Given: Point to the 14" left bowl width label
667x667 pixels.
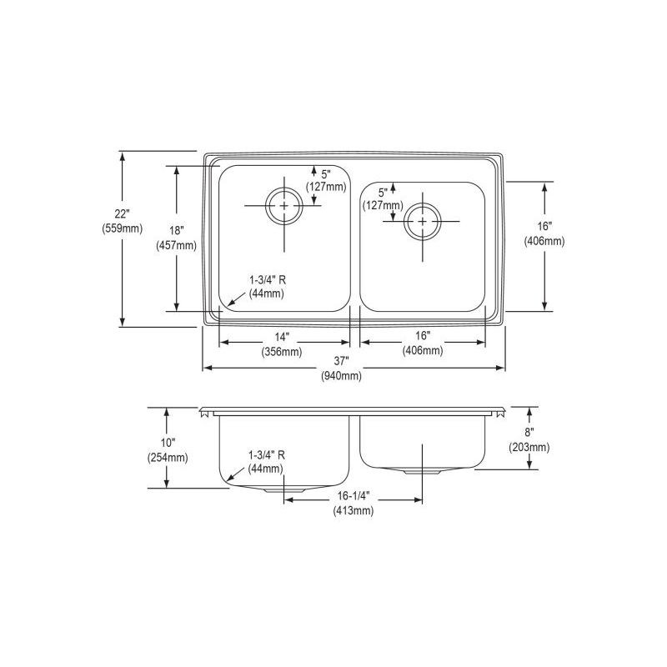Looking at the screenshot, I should click(x=281, y=337).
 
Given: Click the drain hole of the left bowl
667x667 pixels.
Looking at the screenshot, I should click(x=285, y=204).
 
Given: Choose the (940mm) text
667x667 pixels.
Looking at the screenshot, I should click(x=342, y=375).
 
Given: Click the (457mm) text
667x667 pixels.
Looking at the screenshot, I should click(x=176, y=245).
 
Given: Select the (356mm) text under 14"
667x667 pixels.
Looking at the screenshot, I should click(x=281, y=351).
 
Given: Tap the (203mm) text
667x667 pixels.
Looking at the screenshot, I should click(x=529, y=447).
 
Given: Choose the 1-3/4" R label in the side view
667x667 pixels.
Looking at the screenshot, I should click(x=267, y=454).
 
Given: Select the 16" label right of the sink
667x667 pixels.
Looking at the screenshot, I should click(x=544, y=227).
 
